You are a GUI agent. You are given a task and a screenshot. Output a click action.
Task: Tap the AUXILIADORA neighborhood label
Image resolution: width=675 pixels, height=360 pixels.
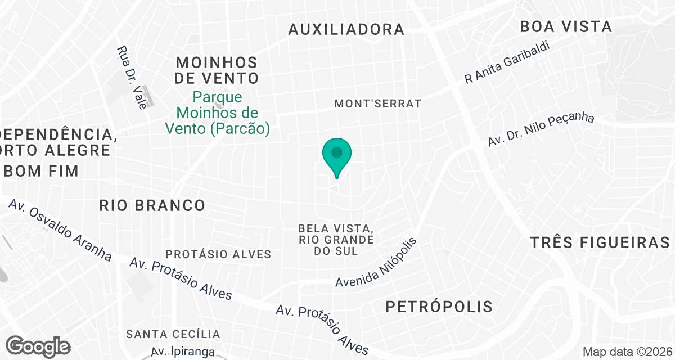pyautogui.click(x=346, y=30)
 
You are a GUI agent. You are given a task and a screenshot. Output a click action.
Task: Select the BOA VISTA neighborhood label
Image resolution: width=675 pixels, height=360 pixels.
pyautogui.click(x=566, y=26)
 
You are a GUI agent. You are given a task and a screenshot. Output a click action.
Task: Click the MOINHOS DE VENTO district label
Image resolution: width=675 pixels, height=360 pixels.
pyautogui.click(x=217, y=70)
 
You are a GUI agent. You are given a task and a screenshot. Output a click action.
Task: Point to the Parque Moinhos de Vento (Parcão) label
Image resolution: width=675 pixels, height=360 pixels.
pyautogui.click(x=218, y=112)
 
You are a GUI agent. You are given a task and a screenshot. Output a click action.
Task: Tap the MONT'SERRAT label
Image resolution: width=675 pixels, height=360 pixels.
pyautogui.click(x=378, y=103)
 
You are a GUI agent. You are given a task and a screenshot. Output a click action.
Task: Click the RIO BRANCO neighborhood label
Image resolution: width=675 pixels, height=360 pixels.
pyautogui.click(x=152, y=205)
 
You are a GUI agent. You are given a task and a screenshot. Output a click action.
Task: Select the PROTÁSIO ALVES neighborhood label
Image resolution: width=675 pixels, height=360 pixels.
pyautogui.click(x=219, y=254)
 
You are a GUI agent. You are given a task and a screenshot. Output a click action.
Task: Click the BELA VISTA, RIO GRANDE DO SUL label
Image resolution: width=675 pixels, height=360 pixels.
pyautogui.click(x=336, y=240)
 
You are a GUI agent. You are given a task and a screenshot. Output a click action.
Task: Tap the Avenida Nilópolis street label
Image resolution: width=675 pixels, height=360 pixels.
pyautogui.click(x=378, y=263)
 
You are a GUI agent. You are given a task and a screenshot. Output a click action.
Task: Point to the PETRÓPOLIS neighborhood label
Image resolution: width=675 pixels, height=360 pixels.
pyautogui.click(x=439, y=307)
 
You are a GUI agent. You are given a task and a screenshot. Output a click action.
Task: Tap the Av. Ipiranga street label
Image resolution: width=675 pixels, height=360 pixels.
pyautogui.click(x=183, y=352)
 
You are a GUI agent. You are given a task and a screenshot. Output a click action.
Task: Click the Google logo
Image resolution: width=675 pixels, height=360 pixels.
pyautogui.click(x=38, y=345)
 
